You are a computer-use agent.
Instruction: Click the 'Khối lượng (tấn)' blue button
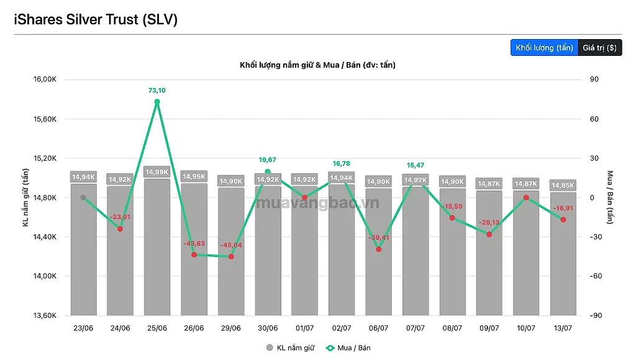(x=544, y=48)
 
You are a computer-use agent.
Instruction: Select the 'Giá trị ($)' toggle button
(x=599, y=48)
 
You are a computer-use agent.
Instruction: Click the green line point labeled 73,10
(x=157, y=102)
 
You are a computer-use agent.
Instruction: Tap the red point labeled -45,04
(x=231, y=256)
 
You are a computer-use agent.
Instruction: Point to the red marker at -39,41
(x=378, y=250)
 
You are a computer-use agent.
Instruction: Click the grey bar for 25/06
(x=157, y=247)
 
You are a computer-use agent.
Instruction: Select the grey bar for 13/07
(x=563, y=254)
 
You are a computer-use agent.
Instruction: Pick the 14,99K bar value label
(x=157, y=172)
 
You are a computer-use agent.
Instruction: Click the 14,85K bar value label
(x=563, y=185)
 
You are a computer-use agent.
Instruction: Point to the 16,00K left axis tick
(x=45, y=79)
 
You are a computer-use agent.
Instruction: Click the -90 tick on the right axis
(x=596, y=315)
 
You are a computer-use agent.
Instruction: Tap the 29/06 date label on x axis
(x=231, y=328)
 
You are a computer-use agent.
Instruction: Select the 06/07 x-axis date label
(x=378, y=328)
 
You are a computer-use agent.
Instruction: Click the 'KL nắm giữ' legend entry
(x=290, y=348)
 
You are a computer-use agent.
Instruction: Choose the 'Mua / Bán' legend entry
(x=348, y=348)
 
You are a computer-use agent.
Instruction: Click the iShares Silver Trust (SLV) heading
(x=96, y=19)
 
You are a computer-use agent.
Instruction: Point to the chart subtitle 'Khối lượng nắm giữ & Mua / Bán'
(x=299, y=65)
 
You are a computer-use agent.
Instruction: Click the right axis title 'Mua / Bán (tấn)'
(x=610, y=197)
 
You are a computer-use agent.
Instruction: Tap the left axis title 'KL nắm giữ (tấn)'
(x=25, y=197)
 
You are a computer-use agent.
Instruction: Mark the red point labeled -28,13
(x=489, y=235)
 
